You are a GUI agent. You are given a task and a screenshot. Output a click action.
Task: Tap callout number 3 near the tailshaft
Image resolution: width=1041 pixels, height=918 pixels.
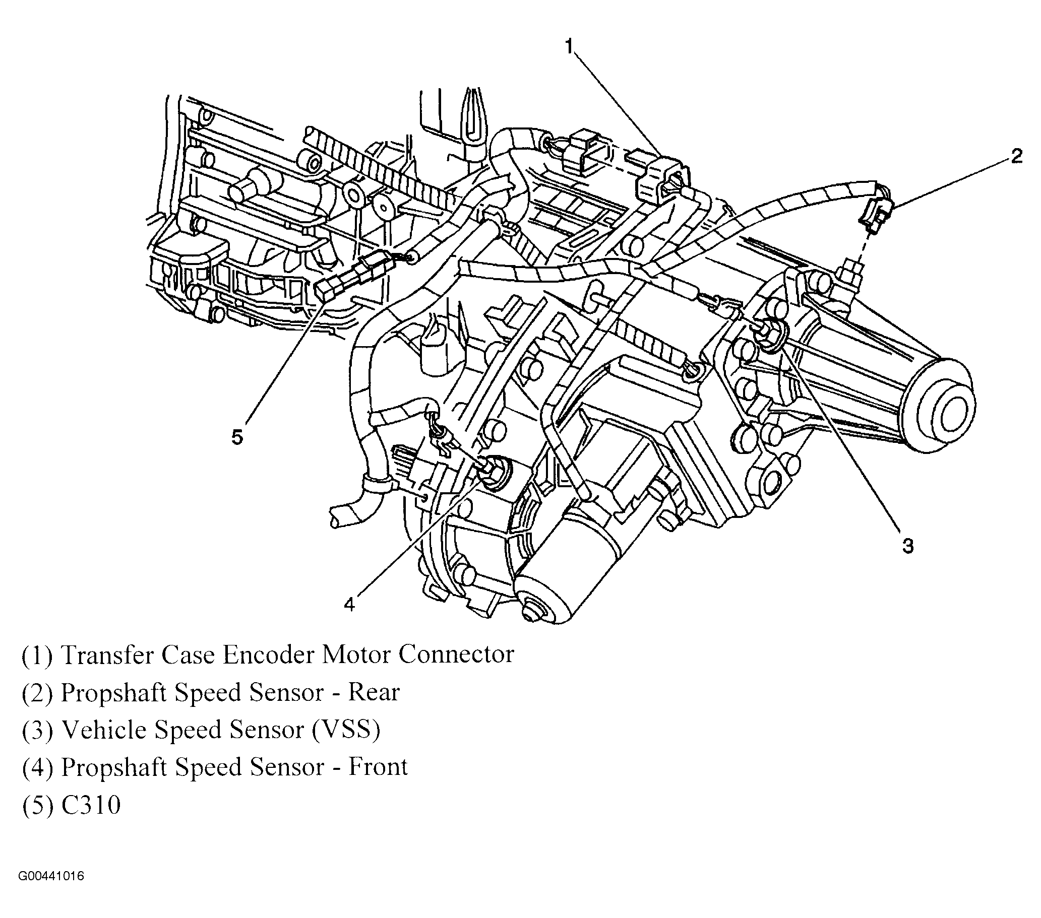point(907,546)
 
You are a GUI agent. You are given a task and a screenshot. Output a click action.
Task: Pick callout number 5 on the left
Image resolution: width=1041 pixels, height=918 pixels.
point(237,437)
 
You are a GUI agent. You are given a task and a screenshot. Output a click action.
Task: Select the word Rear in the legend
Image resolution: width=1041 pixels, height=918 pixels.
point(374,692)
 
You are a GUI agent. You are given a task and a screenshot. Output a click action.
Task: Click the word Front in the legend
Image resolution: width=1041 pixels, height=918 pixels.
point(378,767)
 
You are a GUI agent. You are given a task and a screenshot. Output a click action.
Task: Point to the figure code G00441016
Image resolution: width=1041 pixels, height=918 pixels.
point(51,877)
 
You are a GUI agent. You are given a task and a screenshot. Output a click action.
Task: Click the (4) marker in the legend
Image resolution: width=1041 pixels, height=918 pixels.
point(37,767)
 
